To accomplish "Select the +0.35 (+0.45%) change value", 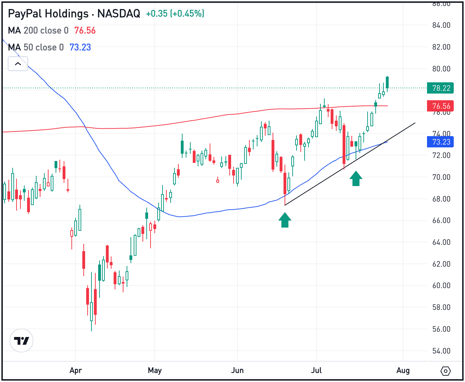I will pos(175,14).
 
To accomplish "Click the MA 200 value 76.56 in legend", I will pos(85,31).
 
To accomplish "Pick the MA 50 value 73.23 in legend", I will pos(80,47).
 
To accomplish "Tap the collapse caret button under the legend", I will pos(18,64).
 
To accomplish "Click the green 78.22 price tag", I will pos(440,88).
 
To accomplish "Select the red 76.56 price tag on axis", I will pos(440,106).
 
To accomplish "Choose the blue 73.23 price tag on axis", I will pos(440,142).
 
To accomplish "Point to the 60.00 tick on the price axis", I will pos(441,285).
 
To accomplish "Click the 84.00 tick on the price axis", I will pos(441,25).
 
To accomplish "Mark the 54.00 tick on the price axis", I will pos(441,351).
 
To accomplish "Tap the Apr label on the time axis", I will pos(76,370).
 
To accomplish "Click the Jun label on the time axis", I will pos(237,370).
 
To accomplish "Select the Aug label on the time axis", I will pos(403,370).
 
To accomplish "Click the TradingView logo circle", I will pos(21,340).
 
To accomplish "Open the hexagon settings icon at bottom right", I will pos(445,371).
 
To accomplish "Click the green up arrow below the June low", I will pos(285,220).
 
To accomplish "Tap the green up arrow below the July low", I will pos(356,179).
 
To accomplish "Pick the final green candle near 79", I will pos(387,82).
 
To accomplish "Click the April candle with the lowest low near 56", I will pos(91,311).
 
